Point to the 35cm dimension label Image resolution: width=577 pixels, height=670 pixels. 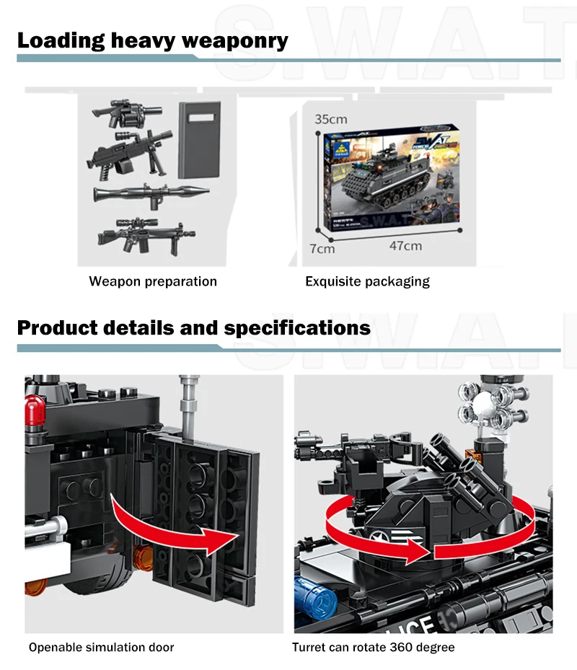[x=330, y=119]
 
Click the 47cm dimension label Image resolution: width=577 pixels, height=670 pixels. [x=405, y=246]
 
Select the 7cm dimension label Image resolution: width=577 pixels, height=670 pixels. [x=322, y=249]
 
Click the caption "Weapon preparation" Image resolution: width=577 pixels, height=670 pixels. [x=153, y=281]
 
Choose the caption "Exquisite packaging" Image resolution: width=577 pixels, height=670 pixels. [x=367, y=281]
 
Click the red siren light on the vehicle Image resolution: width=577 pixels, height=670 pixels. [x=33, y=408]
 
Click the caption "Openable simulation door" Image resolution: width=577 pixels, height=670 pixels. [x=101, y=648]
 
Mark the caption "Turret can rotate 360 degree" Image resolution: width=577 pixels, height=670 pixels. [x=373, y=648]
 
